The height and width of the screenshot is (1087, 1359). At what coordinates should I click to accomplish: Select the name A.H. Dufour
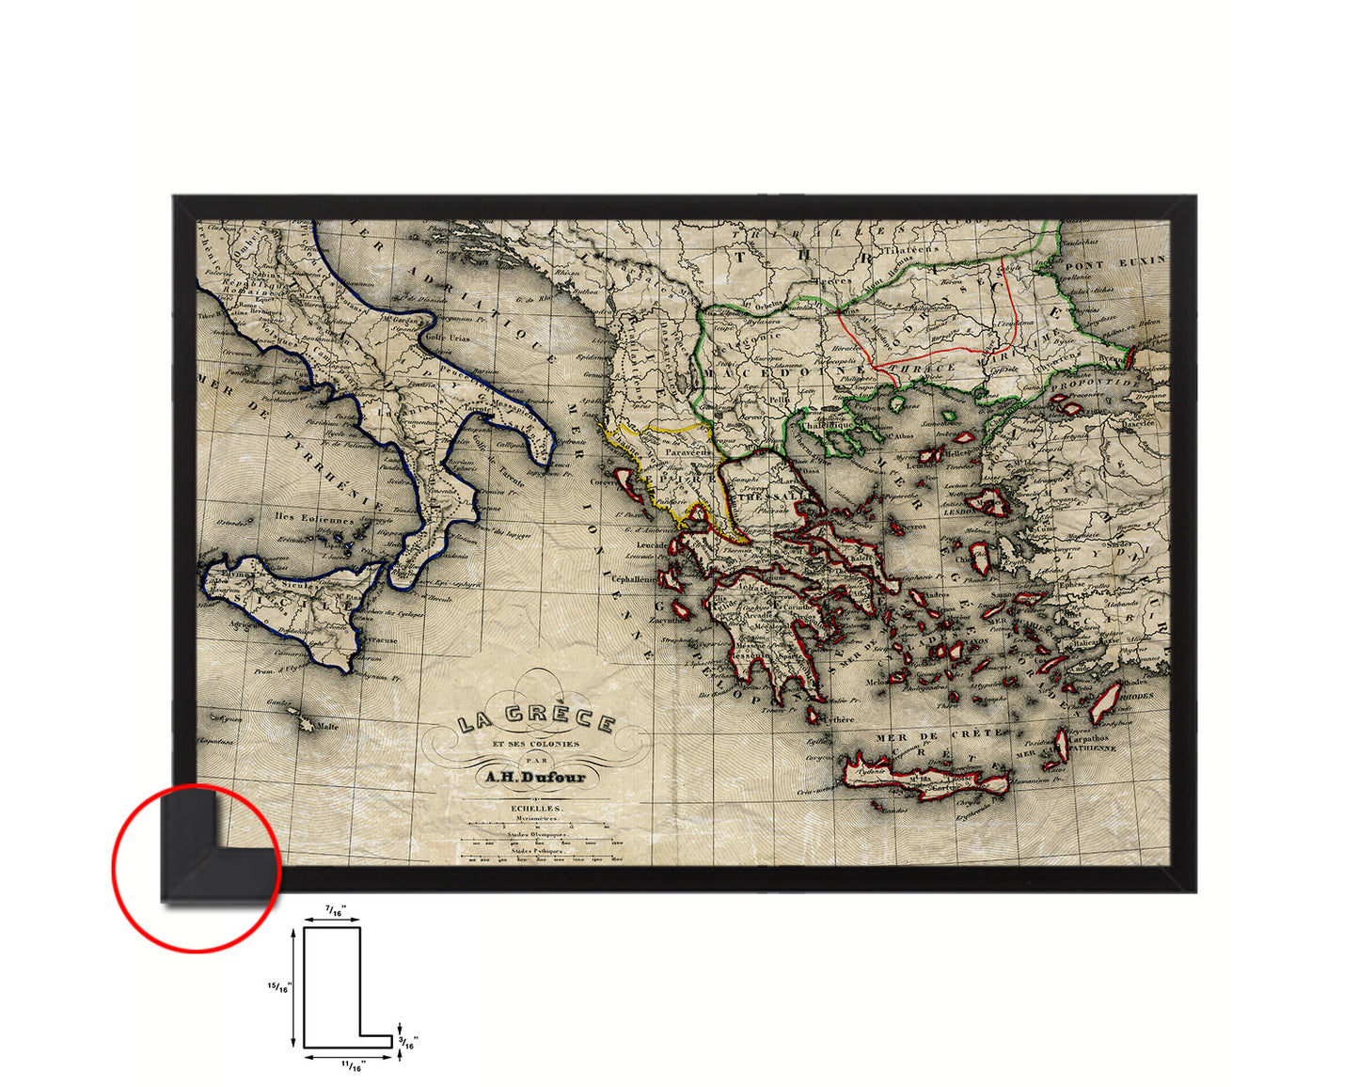pyautogui.click(x=535, y=777)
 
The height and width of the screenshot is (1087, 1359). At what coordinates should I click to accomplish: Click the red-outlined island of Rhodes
pyautogui.click(x=1106, y=702)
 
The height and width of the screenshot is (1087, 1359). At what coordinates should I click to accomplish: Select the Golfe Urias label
pyautogui.click(x=447, y=338)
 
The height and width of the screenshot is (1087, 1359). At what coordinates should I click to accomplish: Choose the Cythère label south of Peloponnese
pyautogui.click(x=840, y=719)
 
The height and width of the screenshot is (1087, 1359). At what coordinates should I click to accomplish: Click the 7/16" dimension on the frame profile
pyautogui.click(x=335, y=910)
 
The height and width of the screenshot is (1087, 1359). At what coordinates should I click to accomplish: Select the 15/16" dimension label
pyautogui.click(x=280, y=986)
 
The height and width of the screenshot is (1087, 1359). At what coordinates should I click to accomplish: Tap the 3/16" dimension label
pyautogui.click(x=409, y=1041)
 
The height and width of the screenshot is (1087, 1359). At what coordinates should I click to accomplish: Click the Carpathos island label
pyautogui.click(x=1087, y=739)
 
